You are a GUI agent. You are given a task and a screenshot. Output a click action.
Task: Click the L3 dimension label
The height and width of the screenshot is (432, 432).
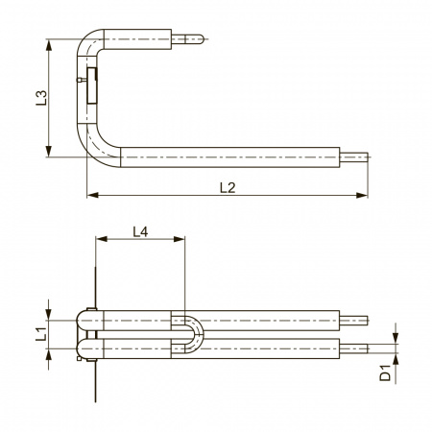41,98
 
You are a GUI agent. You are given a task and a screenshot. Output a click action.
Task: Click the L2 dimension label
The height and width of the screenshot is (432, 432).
228,187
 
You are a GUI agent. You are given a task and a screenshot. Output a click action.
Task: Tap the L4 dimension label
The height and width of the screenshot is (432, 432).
140,231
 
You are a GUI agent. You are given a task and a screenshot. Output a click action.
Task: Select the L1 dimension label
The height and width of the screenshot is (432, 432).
41,333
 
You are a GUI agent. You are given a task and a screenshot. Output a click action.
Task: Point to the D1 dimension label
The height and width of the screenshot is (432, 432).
385,372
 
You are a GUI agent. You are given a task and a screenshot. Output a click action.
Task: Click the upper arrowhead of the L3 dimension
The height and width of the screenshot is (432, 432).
49,45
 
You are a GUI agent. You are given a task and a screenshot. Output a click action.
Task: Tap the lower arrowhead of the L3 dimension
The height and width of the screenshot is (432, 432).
49,152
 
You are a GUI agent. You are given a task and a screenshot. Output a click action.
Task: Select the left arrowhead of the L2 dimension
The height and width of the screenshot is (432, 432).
92,195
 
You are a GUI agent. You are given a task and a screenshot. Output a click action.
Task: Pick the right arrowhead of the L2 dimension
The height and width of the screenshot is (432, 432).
362,195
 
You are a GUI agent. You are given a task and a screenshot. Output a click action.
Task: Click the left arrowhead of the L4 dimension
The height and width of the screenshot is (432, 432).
101,239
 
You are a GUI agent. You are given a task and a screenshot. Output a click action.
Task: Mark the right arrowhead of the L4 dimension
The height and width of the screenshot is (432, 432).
180,239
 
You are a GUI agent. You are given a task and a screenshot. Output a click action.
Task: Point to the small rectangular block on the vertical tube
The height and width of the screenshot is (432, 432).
92,85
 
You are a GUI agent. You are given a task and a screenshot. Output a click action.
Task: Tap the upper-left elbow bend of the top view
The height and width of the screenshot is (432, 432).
87,40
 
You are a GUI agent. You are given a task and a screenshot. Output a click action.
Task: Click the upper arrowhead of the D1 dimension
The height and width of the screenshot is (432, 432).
396,338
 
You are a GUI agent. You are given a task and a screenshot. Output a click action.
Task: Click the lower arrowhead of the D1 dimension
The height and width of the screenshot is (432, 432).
396,359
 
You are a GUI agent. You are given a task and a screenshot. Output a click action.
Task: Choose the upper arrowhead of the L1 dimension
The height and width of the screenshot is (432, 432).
49,315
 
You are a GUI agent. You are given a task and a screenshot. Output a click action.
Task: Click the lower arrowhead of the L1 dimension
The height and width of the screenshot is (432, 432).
49,354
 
